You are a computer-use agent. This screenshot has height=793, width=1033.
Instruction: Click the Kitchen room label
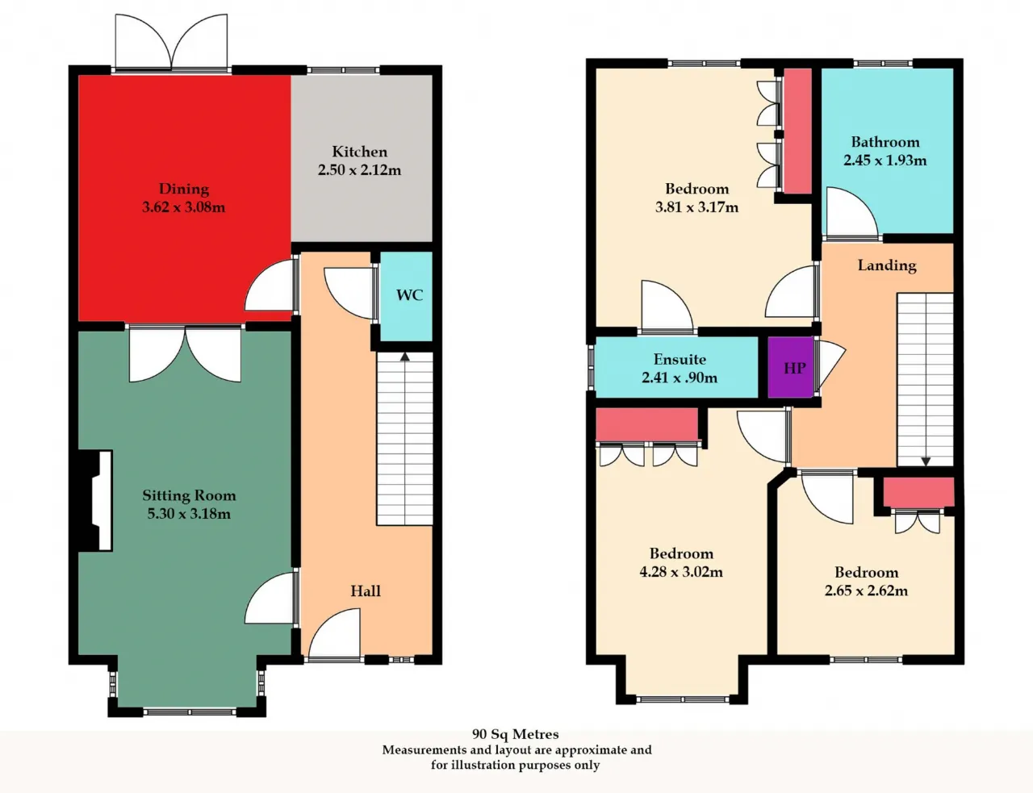click(359, 152)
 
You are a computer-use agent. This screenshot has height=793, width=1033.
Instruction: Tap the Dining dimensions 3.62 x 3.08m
click(183, 207)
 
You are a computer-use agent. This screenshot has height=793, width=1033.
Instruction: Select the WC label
click(409, 295)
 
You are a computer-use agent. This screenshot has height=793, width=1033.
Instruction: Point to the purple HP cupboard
click(791, 367)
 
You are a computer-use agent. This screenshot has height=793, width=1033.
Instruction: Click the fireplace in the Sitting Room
click(97, 501)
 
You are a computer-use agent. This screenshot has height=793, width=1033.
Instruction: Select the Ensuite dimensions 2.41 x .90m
click(680, 378)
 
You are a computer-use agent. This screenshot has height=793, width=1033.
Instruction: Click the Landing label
click(887, 265)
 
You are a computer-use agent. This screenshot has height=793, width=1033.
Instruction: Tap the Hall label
click(366, 591)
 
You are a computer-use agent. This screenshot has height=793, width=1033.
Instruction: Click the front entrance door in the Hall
click(334, 633)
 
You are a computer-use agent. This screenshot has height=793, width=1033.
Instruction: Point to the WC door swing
click(349, 293)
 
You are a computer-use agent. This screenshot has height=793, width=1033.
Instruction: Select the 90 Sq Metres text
click(516, 734)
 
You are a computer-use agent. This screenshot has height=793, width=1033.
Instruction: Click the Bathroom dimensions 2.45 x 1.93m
click(885, 160)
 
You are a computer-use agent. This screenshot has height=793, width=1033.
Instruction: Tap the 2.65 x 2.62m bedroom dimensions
click(866, 591)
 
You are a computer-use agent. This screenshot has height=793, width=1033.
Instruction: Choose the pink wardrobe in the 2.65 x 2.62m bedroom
click(918, 492)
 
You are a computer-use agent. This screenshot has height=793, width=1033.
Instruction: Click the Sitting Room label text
click(189, 495)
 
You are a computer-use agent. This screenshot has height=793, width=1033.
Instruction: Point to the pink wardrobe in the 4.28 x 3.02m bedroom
click(646, 424)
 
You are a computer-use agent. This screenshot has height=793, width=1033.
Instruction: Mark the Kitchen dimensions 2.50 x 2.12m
click(359, 170)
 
